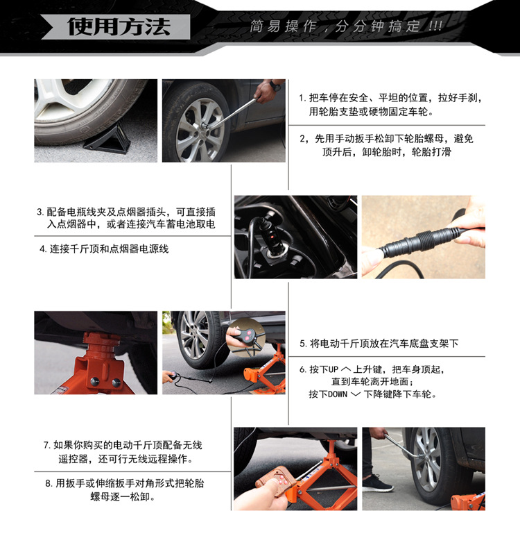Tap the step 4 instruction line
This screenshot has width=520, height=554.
click(x=104, y=249)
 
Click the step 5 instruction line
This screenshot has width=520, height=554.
click(x=379, y=343)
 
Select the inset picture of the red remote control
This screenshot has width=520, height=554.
click(x=246, y=335)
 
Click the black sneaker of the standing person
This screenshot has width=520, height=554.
click(x=377, y=482)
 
